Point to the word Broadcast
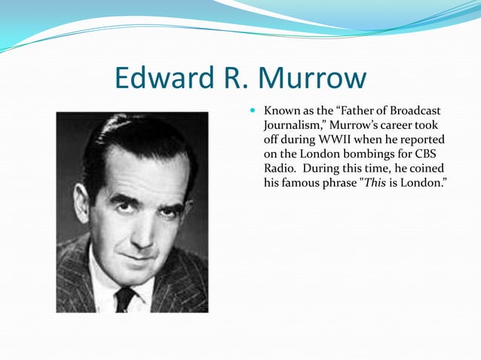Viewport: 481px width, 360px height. click(x=412, y=111)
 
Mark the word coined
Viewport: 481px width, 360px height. click(x=425, y=168)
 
